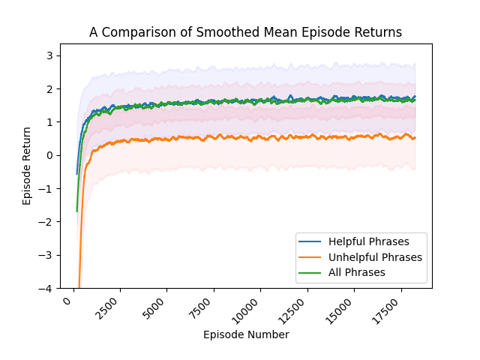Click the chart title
tap(245, 32)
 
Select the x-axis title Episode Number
tap(245, 334)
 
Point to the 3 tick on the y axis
tap(50, 55)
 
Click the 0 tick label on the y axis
tap(50, 155)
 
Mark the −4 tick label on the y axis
tap(47, 288)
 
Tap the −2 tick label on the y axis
tap(47, 222)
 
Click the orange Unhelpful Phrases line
tap(225, 138)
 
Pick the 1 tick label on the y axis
tap(50, 122)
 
